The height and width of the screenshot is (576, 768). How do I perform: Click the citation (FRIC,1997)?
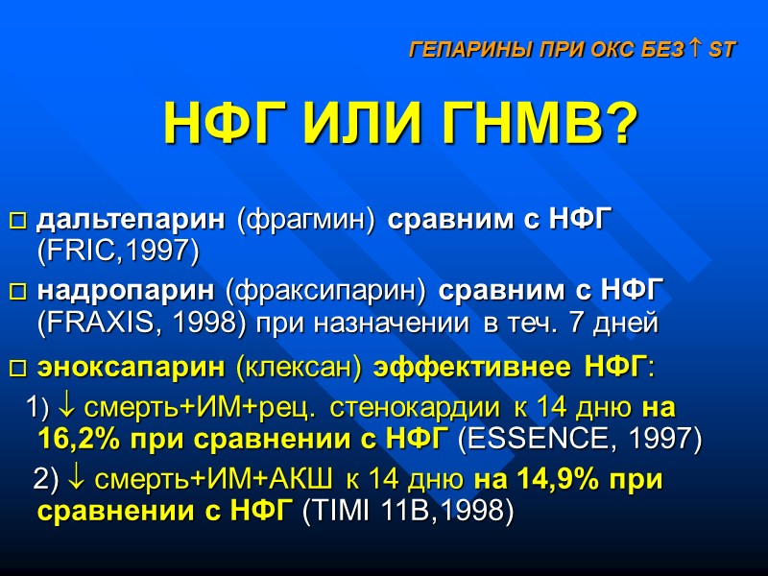[x=117, y=252]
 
